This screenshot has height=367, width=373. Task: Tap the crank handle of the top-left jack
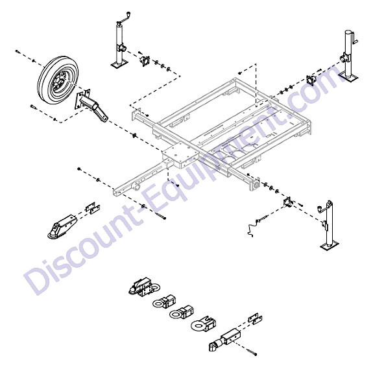125,19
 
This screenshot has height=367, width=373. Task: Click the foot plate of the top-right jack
349,77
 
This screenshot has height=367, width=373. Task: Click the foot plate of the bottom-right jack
330,246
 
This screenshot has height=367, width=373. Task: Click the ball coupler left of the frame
62,226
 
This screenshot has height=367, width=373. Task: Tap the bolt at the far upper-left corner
17,51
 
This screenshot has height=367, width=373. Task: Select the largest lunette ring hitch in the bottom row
204,324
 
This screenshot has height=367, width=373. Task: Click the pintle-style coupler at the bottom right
225,340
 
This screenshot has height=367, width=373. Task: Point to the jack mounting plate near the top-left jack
145,61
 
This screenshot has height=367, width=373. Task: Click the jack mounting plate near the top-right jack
311,80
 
